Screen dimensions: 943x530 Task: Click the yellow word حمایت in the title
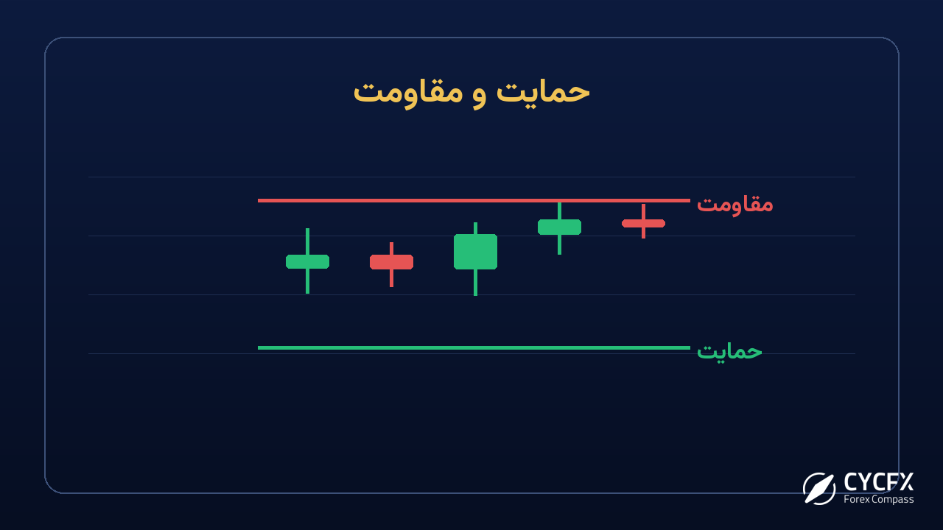[x=543, y=93]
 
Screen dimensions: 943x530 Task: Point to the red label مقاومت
[x=735, y=205]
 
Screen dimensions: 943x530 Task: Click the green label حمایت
[x=729, y=352]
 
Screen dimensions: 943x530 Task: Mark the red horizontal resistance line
[x=474, y=201]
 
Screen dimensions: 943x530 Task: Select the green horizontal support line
[x=474, y=348]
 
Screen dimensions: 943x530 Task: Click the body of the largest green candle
[x=475, y=252]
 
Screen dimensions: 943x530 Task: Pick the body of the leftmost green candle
[x=307, y=261]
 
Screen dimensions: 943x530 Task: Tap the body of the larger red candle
[x=391, y=261]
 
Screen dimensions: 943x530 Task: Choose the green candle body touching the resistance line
[x=559, y=227]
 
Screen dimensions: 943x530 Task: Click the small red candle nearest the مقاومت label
[x=643, y=223]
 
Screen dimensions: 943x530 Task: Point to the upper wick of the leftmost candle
[x=307, y=241]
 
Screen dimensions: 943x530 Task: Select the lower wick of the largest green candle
[x=475, y=282]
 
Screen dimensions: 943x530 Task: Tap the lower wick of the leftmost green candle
[x=307, y=281]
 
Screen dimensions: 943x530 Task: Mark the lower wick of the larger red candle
[x=391, y=278]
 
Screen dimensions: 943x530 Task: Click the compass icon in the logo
[x=818, y=488]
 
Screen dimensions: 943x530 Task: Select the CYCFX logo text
[x=879, y=482]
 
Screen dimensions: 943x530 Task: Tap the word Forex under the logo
[x=854, y=499]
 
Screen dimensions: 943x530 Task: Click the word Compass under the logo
[x=890, y=500]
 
